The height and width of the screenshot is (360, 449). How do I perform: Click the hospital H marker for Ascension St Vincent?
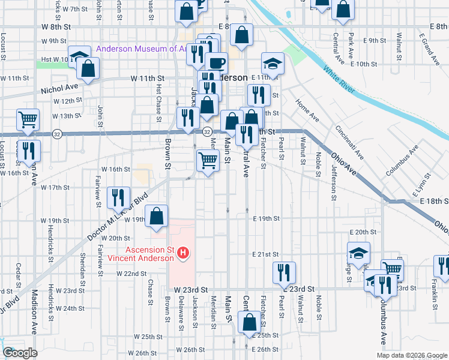tap(184, 254)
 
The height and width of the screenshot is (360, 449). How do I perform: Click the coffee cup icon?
tap(216, 62)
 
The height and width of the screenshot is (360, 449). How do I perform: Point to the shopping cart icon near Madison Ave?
tap(28, 119)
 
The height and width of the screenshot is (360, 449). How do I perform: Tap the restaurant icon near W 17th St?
tap(118, 197)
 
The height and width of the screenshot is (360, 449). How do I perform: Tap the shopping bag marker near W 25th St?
tap(249, 323)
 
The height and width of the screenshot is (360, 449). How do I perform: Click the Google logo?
tap(20, 353)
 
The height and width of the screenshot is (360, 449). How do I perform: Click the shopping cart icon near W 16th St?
tap(208, 160)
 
